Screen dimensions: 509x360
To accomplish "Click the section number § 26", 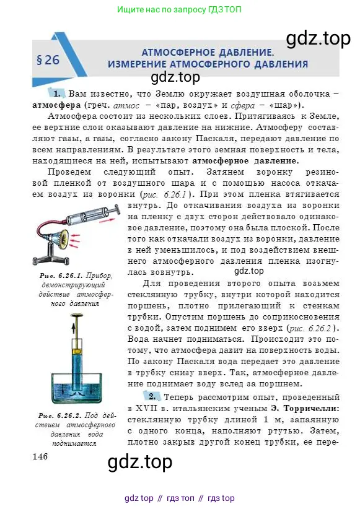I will click(49, 60).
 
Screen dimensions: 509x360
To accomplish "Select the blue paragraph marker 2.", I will click(151, 396).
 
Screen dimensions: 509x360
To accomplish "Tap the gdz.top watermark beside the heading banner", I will click(318, 39).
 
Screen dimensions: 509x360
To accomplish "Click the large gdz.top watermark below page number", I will click(140, 462).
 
